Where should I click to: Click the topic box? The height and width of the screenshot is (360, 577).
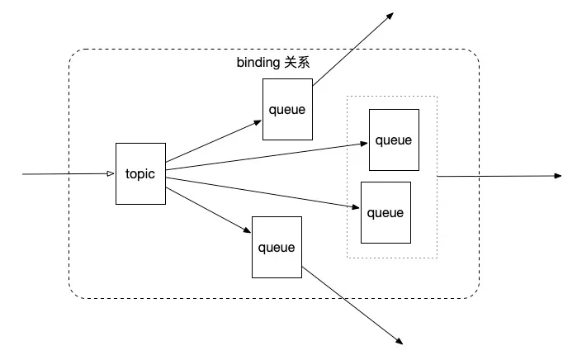[x=140, y=173]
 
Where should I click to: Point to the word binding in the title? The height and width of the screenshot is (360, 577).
[x=258, y=63]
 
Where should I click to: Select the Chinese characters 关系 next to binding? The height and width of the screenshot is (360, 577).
[x=297, y=63]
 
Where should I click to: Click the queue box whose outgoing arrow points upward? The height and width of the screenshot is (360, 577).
[x=287, y=109]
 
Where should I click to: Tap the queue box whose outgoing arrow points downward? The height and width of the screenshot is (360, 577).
[x=277, y=247]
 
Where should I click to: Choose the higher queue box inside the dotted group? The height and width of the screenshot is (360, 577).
[x=394, y=140]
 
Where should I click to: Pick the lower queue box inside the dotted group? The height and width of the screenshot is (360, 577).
[x=385, y=212]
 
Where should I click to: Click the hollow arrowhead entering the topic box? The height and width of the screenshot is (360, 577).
[x=111, y=173]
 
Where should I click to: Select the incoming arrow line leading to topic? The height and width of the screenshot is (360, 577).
[x=69, y=173]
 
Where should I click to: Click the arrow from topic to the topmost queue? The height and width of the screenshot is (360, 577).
[x=214, y=141]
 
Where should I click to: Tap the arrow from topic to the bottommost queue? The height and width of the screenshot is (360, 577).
[x=208, y=211]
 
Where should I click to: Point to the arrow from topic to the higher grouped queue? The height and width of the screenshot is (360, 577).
[x=267, y=156]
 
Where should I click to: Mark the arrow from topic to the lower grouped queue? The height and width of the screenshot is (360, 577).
[x=262, y=193]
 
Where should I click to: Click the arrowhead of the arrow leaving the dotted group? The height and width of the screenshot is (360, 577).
[x=557, y=176]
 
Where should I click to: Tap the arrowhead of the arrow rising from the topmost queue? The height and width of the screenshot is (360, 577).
[x=390, y=16]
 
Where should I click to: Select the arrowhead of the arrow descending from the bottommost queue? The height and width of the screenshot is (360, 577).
[x=400, y=341]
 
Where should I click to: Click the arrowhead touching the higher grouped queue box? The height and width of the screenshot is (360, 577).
[x=364, y=143]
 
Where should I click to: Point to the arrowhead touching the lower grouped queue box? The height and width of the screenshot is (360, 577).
[x=356, y=207]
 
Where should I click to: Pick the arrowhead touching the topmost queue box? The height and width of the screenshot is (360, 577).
[x=258, y=123]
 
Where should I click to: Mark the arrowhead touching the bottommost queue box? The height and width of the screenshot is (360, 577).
[x=247, y=230]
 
